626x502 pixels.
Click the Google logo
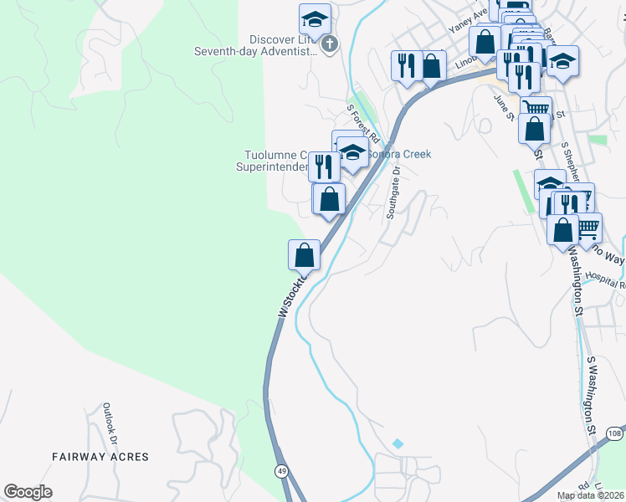pos(28,492)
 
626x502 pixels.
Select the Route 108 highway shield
pos(614,433)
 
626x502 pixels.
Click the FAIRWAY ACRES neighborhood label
pos(100,457)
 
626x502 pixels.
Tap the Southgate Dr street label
pos(393,192)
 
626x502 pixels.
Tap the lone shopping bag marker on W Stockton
pos(304,254)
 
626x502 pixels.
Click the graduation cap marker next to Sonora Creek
pos(353,152)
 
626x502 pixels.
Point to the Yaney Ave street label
pos(467,19)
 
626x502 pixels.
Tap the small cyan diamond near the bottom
pos(398,443)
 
